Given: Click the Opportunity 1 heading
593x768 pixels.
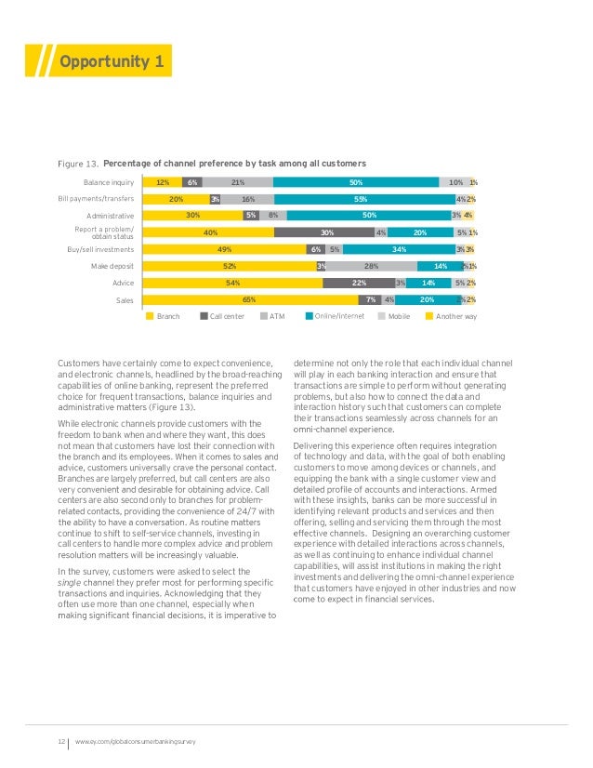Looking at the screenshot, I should point(112,62).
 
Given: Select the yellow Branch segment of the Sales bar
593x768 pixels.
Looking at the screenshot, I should point(250,299).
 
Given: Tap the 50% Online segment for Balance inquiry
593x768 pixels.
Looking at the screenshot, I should point(355,182).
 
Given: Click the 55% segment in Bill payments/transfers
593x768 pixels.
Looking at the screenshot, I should point(362,199).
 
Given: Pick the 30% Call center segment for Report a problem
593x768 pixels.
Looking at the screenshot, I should point(325,232).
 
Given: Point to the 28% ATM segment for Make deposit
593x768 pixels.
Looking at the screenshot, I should point(371,266).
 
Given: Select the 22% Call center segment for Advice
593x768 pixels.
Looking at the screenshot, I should point(359,283).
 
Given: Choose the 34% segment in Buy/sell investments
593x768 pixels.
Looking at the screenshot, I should point(400,249).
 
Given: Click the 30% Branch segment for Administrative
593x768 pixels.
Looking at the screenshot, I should point(193,216).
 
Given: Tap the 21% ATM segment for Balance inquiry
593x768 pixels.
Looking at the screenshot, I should point(238,182).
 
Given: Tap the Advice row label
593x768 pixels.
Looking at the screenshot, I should point(123,283).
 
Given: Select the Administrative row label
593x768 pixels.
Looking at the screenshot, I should point(110,216).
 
